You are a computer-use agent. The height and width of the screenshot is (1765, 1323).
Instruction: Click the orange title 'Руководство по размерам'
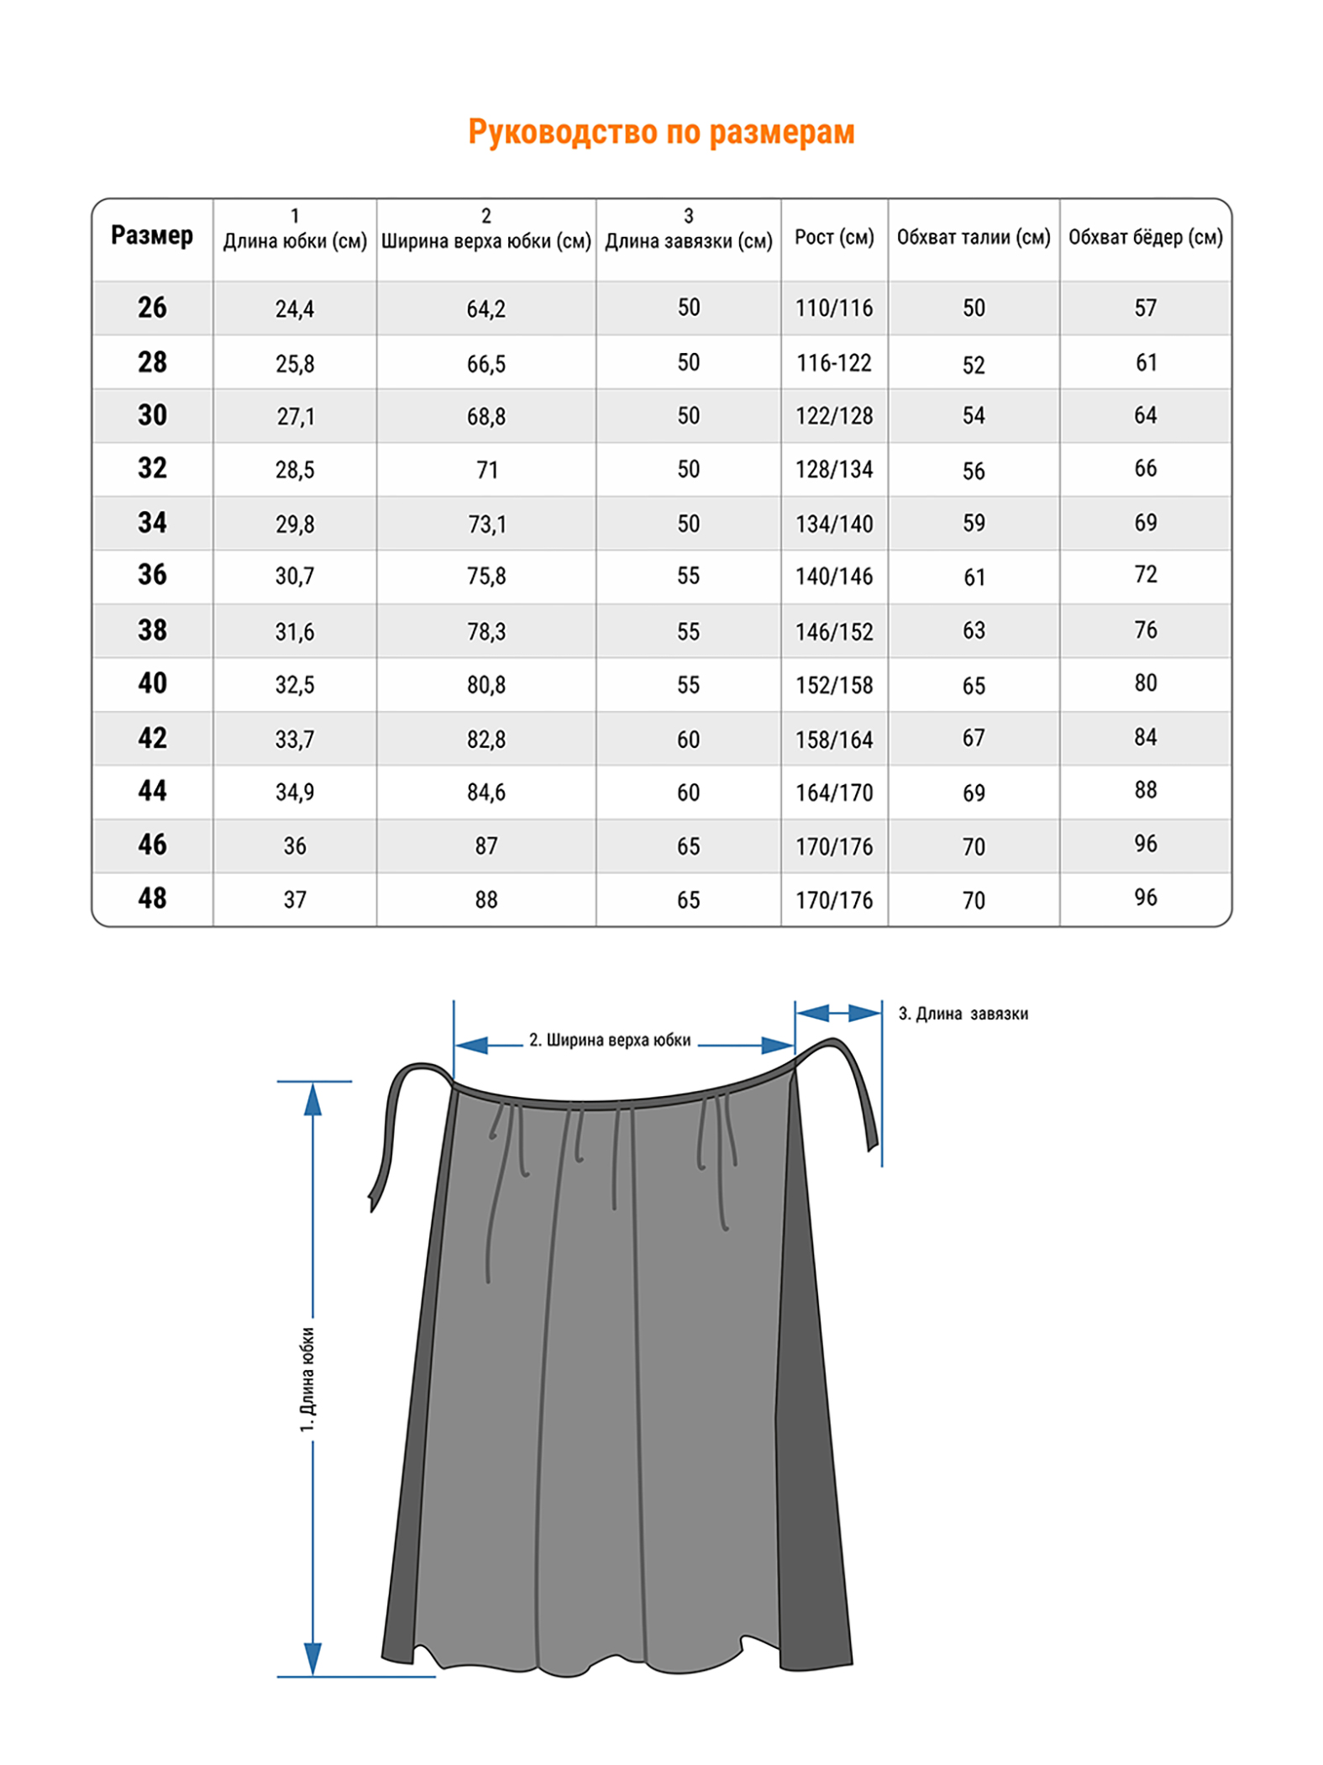tap(661, 133)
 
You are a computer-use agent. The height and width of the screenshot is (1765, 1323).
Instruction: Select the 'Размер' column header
tap(152, 235)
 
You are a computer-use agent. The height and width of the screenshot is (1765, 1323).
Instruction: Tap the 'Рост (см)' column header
tap(834, 237)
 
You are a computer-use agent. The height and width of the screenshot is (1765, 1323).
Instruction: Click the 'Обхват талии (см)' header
tap(974, 237)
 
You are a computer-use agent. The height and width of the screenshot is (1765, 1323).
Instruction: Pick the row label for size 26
tap(152, 308)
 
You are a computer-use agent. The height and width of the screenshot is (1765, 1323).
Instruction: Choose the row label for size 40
tap(152, 683)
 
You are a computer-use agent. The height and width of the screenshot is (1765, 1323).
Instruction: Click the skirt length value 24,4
tap(295, 309)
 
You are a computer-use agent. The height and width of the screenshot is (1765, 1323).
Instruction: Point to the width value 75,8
tap(486, 577)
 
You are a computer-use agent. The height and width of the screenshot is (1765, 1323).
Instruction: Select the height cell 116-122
tap(834, 363)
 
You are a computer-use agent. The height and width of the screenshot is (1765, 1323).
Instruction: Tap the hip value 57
tap(1146, 308)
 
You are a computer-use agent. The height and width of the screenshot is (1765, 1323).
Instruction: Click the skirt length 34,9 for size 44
tap(295, 793)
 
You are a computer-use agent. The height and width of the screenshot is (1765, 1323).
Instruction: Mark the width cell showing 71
tap(487, 470)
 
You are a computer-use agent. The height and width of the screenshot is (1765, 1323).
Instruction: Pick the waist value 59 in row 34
tap(974, 524)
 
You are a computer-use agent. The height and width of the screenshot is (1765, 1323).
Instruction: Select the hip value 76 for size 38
tap(1146, 630)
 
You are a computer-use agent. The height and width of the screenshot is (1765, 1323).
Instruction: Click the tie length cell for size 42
tap(688, 740)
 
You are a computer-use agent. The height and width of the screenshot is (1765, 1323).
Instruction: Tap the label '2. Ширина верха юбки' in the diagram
tap(610, 1041)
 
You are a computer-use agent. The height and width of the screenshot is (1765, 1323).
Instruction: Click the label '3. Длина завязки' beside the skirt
tap(963, 1014)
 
